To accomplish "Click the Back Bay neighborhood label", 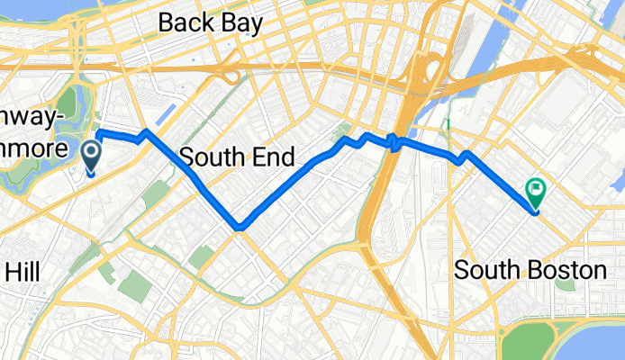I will point(211,22).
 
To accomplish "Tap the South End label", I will point(237,157).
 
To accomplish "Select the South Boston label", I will point(530,269).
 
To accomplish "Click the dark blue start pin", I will point(93,155).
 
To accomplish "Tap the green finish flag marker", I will point(535,191).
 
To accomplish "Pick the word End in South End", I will point(273,157).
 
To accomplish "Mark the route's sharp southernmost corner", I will point(239,227).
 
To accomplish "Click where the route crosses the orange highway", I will point(394,140).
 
